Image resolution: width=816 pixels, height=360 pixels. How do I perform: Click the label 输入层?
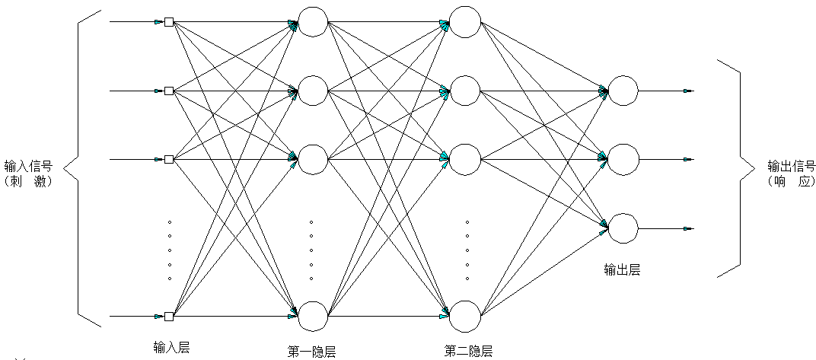tap(171, 347)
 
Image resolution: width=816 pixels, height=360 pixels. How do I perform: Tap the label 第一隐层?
tap(312, 351)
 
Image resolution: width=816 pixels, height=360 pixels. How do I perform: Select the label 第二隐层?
tap(468, 351)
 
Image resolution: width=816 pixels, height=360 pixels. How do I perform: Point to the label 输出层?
tap(622, 268)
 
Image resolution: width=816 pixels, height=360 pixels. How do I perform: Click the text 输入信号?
tap(28, 167)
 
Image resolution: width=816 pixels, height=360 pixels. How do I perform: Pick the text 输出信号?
tap(791, 167)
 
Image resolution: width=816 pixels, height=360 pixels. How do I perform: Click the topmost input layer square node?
tap(169, 22)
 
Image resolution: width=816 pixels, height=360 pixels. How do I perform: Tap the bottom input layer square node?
tap(169, 316)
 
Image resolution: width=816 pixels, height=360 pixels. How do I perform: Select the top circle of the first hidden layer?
tap(312, 21)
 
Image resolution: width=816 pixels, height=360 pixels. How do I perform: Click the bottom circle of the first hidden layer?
tap(312, 316)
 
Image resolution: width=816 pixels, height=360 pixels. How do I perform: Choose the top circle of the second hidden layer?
tap(464, 21)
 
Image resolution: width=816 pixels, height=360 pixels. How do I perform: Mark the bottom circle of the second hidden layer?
tap(464, 316)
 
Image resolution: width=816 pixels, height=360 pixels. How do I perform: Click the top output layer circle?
tap(623, 91)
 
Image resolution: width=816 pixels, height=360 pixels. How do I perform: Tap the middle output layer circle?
tap(623, 158)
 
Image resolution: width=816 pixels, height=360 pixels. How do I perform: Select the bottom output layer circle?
tap(623, 228)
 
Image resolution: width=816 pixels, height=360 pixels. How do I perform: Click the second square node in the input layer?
tap(169, 91)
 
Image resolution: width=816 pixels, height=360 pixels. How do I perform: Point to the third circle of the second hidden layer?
tap(464, 158)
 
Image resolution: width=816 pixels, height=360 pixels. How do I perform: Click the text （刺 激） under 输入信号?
tap(27, 182)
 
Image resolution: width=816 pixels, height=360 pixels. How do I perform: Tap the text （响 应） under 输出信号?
tap(791, 182)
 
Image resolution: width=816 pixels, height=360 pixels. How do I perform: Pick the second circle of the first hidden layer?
tap(312, 91)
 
